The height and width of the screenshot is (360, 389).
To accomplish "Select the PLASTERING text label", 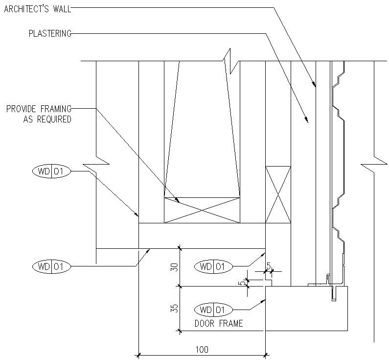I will click(50, 34).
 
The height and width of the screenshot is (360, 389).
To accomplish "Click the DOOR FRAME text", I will click(219, 324).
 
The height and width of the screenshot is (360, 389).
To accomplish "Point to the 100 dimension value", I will click(202, 349).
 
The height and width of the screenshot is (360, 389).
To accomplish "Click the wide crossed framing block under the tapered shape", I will click(202, 211).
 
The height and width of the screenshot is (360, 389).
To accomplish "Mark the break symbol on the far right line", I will click(374, 162).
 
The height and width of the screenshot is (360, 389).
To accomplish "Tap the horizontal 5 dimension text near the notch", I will click(269, 265).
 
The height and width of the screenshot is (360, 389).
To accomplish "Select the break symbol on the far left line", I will click(96, 162).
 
